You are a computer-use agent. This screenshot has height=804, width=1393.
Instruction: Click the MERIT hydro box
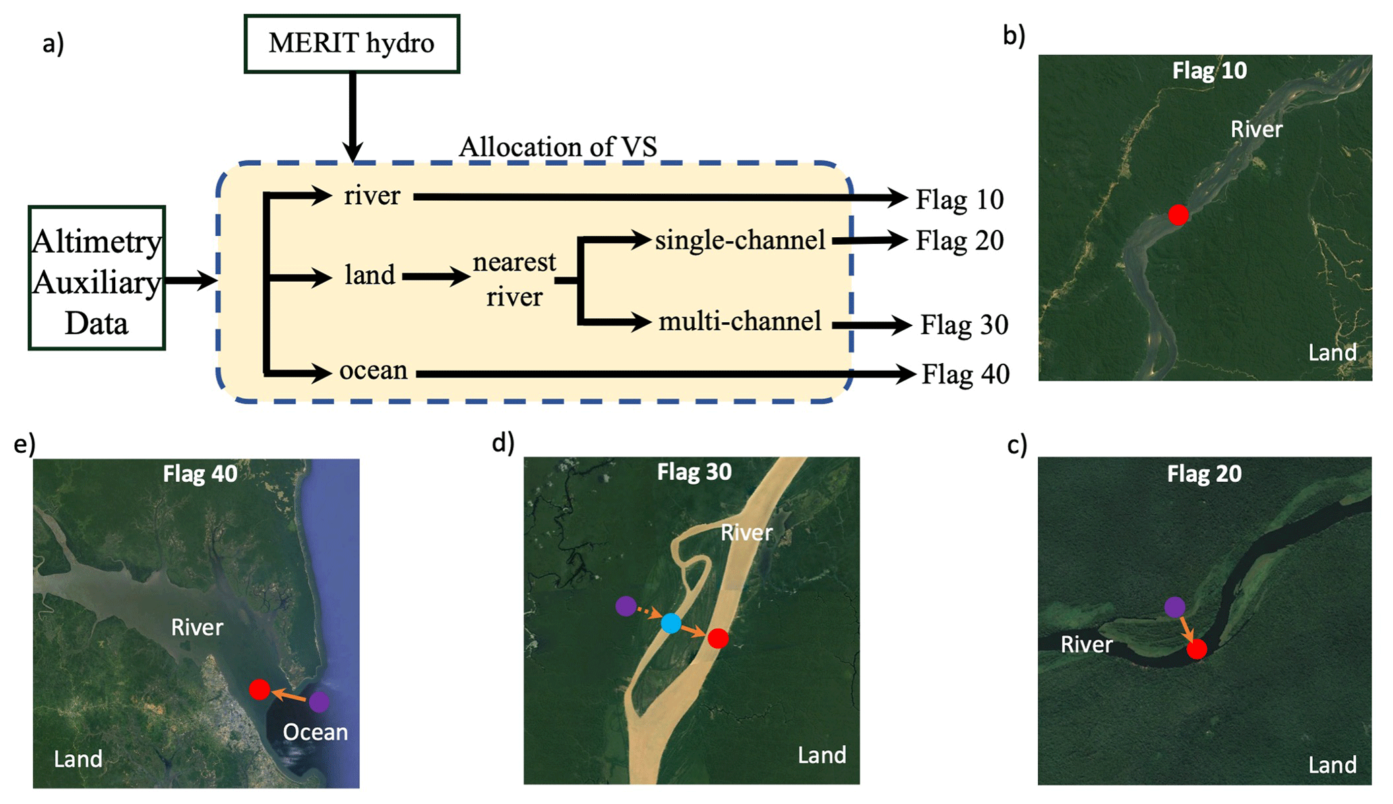351,44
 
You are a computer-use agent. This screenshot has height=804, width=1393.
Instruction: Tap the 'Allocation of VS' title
557,146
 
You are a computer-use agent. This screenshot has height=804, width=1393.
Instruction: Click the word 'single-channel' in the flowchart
739,240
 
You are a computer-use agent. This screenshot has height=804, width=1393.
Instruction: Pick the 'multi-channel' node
739,321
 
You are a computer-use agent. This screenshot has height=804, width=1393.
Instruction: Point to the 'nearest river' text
514,278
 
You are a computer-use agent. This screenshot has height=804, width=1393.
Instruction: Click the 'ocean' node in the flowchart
373,371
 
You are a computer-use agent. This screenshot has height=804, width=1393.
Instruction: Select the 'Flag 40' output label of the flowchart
965,374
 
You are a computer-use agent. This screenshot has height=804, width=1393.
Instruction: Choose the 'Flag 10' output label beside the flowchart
959,199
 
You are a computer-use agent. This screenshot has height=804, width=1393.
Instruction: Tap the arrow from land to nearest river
435,276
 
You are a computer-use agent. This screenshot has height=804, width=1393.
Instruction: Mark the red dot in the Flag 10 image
1178,215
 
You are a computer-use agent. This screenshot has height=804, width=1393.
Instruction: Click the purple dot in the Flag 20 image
1175,607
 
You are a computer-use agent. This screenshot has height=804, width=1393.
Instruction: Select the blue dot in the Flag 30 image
671,623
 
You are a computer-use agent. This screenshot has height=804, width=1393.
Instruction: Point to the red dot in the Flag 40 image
259,689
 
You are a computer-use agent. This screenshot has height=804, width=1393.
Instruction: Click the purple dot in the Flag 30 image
626,606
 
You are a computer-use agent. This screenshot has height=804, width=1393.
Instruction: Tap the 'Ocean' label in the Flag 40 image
315,732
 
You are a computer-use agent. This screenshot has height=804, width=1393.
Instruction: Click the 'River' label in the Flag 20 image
1086,644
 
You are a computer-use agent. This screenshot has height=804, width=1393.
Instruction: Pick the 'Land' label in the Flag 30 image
822,755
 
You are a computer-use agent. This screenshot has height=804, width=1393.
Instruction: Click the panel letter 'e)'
25,445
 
